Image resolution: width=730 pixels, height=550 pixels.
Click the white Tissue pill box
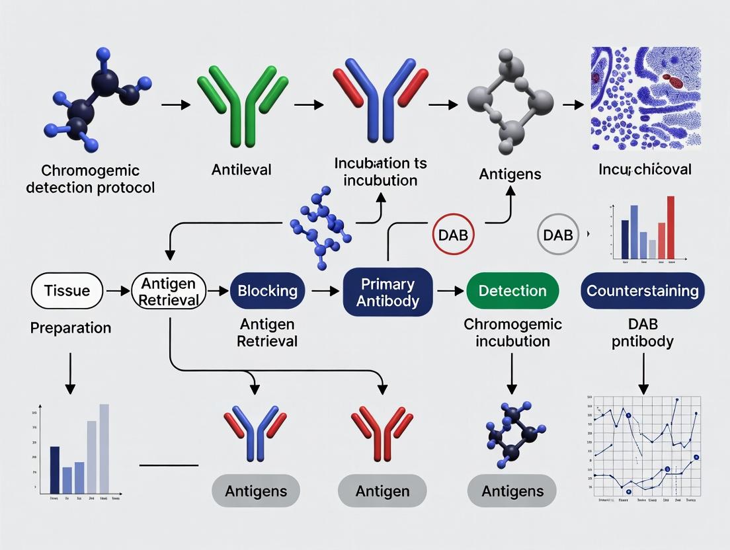pyautogui.click(x=67, y=291)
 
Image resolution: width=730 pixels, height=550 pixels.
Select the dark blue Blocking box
pyautogui.click(x=268, y=291)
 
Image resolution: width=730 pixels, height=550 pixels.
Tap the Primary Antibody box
pyautogui.click(x=387, y=292)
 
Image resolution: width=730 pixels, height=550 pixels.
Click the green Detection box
pyautogui.click(x=512, y=291)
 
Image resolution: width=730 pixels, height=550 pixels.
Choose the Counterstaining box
pyautogui.click(x=642, y=291)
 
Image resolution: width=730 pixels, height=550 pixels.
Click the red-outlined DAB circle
pyautogui.click(x=454, y=235)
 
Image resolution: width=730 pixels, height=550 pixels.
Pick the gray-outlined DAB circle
pyautogui.click(x=559, y=235)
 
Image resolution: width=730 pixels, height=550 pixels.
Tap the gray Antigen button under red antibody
pyautogui.click(x=382, y=491)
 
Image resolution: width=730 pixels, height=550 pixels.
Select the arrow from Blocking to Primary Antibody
pyautogui.click(x=324, y=291)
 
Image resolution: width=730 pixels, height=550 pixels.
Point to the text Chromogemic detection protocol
pyautogui.click(x=90, y=178)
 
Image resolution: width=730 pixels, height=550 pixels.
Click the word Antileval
pyautogui.click(x=241, y=170)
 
